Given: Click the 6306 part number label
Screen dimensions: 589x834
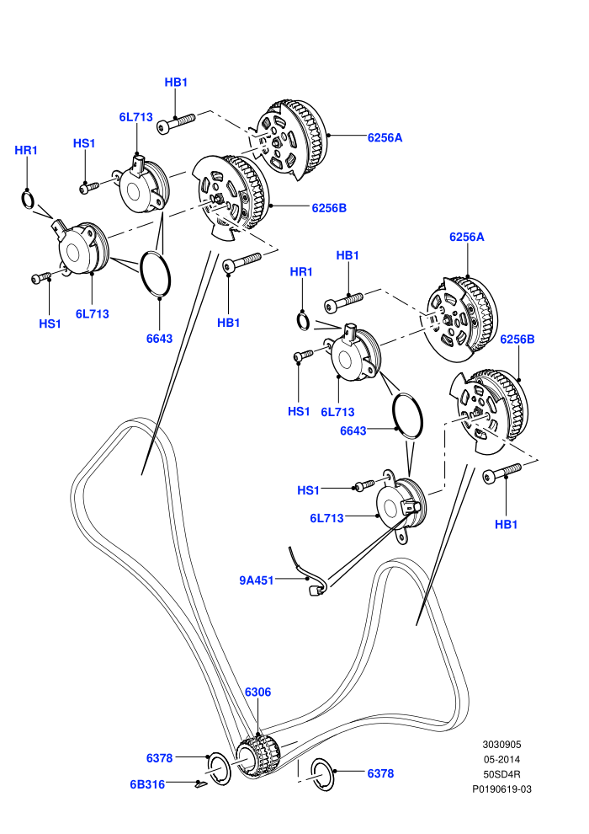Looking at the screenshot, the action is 257,692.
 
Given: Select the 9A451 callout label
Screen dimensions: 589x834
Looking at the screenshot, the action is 256,580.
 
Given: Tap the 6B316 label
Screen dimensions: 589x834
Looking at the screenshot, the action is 147,784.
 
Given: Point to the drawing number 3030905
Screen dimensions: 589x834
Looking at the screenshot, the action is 501,745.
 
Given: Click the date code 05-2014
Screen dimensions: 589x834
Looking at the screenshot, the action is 501,760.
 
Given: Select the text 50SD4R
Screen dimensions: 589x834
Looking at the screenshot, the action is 501,774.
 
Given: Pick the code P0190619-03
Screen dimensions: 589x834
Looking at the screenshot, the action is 501,789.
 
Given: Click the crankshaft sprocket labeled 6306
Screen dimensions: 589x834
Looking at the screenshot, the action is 257,757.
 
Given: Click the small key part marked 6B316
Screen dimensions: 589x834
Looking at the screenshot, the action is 200,783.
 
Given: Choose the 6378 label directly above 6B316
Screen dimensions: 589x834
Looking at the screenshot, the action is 159,758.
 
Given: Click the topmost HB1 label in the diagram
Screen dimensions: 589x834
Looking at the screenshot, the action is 176,83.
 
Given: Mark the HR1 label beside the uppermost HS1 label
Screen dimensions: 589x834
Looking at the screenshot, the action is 26,151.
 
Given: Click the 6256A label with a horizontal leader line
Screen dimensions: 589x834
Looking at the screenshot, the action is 385,138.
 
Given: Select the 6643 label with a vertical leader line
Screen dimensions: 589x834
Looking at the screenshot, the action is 159,339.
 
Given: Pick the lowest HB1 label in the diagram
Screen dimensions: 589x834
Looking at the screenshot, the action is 507,525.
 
